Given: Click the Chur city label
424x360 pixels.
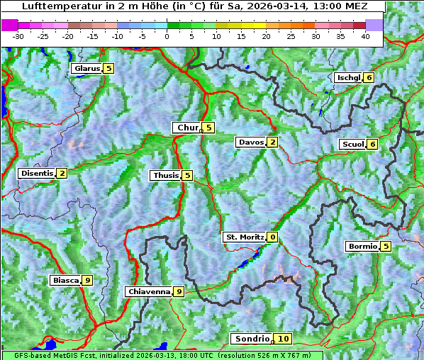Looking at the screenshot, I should [x=188, y=128].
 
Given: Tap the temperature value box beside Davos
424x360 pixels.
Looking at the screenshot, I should [x=273, y=142].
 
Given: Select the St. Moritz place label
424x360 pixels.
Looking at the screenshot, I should [x=244, y=237].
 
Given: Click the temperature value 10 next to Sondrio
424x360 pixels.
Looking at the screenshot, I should [x=284, y=339].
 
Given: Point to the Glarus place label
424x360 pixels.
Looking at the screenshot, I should [x=86, y=69].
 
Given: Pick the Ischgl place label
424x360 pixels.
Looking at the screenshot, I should [x=347, y=77].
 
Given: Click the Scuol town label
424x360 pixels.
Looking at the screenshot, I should [x=352, y=145].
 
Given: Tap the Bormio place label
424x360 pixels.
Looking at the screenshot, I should [x=361, y=247].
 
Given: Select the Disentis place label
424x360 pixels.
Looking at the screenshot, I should [x=36, y=173].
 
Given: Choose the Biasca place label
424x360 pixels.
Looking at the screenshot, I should [x=65, y=281].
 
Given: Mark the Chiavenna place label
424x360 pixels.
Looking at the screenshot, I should [x=148, y=291].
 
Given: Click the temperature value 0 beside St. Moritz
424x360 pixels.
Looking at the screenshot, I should [x=273, y=237].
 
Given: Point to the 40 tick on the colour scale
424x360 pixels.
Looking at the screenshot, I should [x=365, y=36].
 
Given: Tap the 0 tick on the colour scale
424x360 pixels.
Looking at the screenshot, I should [x=167, y=36].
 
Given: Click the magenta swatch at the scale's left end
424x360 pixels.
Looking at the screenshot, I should [x=9, y=25].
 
